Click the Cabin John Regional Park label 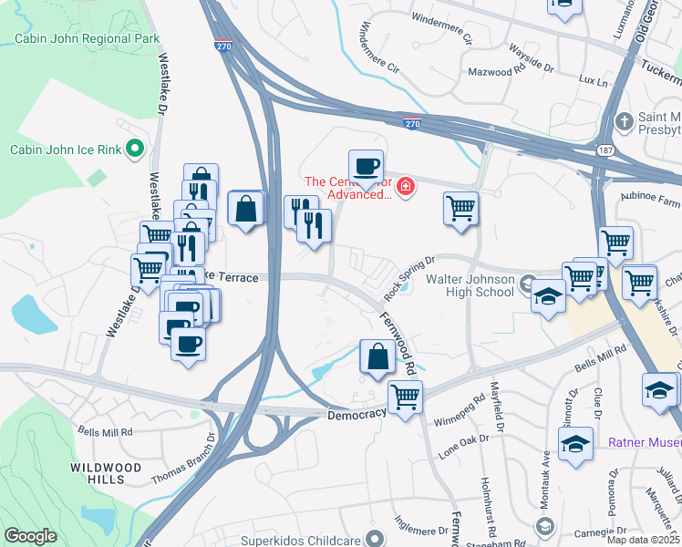pos(88,38)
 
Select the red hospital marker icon pos(404,189)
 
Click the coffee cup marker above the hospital pos(366,167)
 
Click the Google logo pos(30,536)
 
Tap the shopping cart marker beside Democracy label pos(404,397)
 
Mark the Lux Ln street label pos(593,81)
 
